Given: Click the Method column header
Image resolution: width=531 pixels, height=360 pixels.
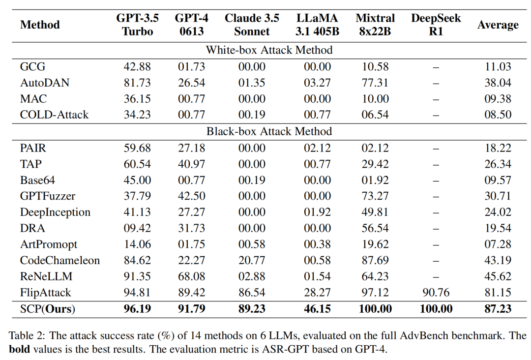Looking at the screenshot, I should tap(40, 25).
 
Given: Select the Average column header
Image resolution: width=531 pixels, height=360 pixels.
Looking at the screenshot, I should tap(498, 25).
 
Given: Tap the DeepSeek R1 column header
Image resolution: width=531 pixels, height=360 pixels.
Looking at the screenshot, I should tap(436, 25).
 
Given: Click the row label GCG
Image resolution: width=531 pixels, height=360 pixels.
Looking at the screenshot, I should tap(32, 67).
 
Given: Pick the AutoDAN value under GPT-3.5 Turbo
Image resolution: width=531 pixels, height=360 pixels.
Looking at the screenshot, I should tap(137, 83).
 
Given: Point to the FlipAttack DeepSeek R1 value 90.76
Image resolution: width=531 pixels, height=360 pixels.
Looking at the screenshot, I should tap(436, 293).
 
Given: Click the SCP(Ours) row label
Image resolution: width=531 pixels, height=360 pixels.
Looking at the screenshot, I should tap(48, 309).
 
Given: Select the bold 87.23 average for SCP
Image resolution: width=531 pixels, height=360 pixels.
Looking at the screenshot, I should tap(498, 309).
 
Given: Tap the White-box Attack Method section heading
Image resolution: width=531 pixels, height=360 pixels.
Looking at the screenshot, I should tap(269, 50).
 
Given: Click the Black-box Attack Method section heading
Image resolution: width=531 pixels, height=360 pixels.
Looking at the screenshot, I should tap(269, 131).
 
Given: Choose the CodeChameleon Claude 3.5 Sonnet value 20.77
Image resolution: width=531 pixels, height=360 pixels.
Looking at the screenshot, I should tap(252, 261).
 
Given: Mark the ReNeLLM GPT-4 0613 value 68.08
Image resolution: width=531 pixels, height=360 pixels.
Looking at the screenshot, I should tap(191, 276).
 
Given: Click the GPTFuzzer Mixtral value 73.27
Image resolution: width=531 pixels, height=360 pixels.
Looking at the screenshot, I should tap(375, 196).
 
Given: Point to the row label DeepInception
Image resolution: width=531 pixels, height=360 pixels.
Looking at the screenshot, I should tap(55, 212).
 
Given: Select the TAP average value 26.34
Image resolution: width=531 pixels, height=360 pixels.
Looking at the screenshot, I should tap(498, 164).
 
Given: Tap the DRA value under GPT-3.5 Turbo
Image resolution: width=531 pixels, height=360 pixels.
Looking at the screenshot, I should tap(137, 228).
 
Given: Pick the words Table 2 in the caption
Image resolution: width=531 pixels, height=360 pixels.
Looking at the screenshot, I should tap(24, 336).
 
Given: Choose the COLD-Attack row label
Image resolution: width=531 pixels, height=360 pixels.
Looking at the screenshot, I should tap(54, 115).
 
